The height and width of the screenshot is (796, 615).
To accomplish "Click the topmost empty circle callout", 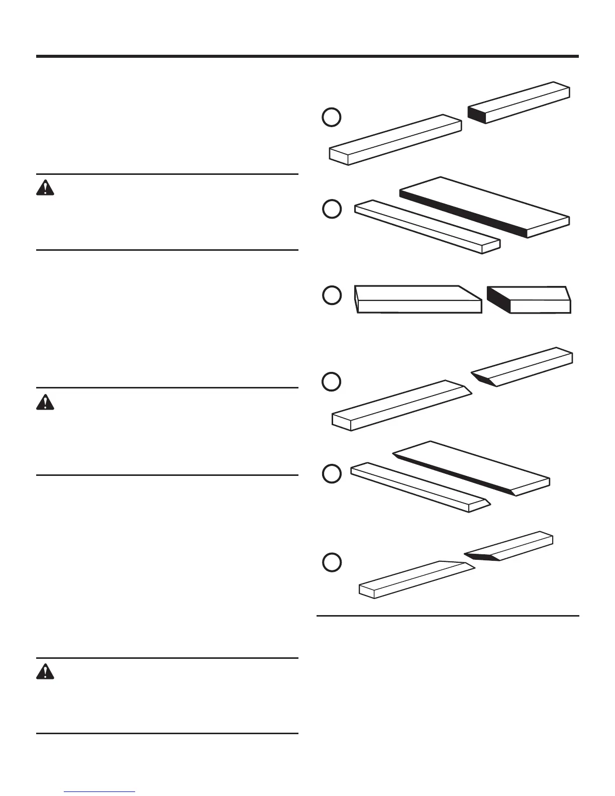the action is pyautogui.click(x=332, y=117).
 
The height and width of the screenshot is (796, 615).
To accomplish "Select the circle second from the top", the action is pyautogui.click(x=332, y=209).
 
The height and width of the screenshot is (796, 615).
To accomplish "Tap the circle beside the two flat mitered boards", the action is pyautogui.click(x=332, y=295).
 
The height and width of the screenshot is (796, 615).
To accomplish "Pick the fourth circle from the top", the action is pyautogui.click(x=332, y=381).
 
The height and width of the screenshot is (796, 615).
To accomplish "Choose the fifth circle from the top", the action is pyautogui.click(x=332, y=473).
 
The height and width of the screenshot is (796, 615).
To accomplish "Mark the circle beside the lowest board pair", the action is pyautogui.click(x=332, y=562).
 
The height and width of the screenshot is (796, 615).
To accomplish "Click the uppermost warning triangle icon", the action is pyautogui.click(x=45, y=187).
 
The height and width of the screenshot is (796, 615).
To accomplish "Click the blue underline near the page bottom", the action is pyautogui.click(x=100, y=792).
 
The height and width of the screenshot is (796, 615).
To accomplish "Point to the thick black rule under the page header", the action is pyautogui.click(x=307, y=56).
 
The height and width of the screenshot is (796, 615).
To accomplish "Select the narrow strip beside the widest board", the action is pyautogui.click(x=427, y=227).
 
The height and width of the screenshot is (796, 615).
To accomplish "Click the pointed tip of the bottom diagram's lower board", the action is pyautogui.click(x=472, y=567).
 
